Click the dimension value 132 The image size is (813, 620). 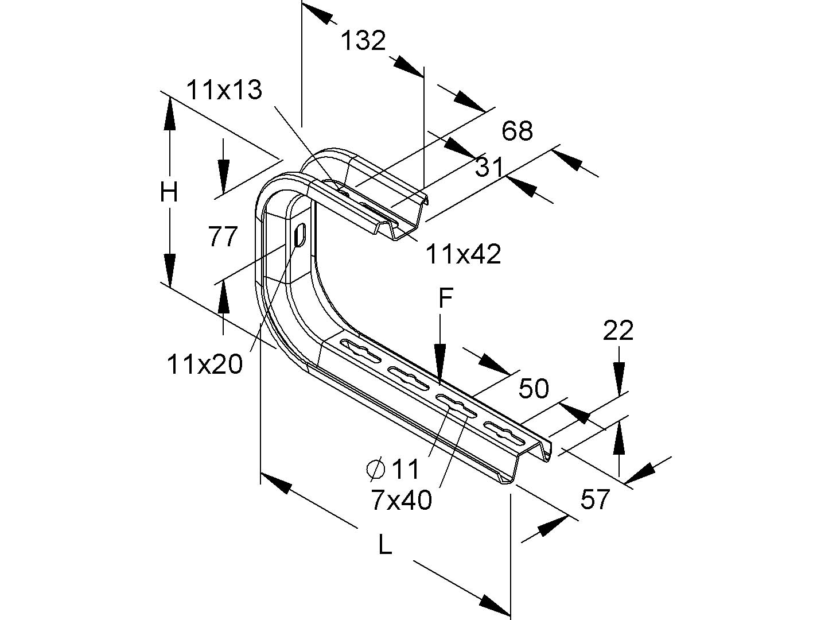[x=363, y=41]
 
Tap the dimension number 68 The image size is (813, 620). [x=518, y=131]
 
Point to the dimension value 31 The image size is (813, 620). [x=489, y=168]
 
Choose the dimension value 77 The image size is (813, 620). [x=223, y=237]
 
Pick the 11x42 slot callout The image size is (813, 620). [x=463, y=254]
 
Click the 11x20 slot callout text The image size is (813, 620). [x=205, y=364]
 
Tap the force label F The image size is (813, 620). [x=445, y=299]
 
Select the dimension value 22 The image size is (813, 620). [x=618, y=331]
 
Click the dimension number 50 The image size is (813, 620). [x=534, y=389]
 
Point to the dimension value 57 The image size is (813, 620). [x=594, y=499]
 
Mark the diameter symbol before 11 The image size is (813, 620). [x=375, y=470]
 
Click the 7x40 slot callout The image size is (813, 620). [x=401, y=501]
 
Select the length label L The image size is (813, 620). [x=385, y=544]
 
